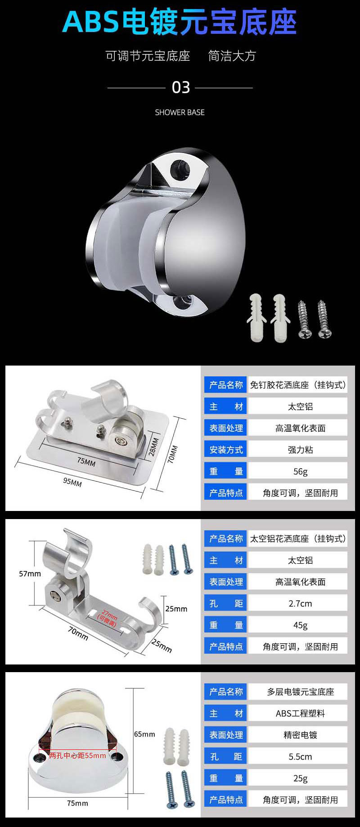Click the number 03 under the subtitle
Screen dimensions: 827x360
click(x=181, y=87)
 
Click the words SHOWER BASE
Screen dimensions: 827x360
click(x=180, y=113)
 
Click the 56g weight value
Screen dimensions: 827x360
click(x=300, y=471)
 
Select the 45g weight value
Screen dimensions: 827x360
click(x=300, y=625)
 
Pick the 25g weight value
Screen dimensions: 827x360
click(x=300, y=778)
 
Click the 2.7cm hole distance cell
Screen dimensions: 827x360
click(x=300, y=603)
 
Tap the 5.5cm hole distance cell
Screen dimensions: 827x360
click(x=300, y=757)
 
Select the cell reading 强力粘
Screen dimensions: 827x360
click(x=300, y=450)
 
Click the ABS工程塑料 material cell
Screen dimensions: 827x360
click(x=300, y=714)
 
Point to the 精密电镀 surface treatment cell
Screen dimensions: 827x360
click(x=300, y=735)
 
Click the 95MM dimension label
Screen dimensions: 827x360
click(x=72, y=482)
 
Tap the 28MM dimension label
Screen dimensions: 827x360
click(x=153, y=447)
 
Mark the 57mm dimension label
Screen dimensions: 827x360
click(x=30, y=574)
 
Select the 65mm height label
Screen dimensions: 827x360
click(x=144, y=734)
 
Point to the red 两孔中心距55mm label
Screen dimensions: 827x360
click(x=77, y=755)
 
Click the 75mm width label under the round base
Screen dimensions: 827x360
click(x=77, y=803)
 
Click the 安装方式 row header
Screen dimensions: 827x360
click(x=226, y=450)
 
